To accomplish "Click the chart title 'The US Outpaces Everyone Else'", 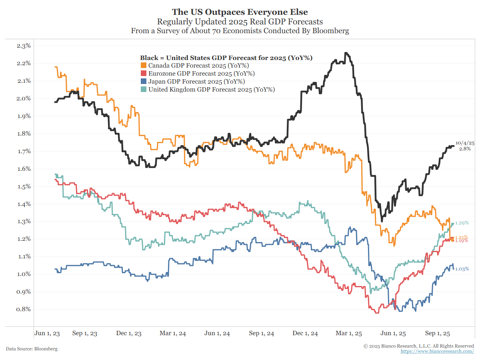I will click(x=240, y=12).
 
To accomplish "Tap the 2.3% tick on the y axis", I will click(x=24, y=46).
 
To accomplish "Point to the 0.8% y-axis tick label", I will click(x=24, y=309).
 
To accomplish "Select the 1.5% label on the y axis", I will click(x=24, y=186).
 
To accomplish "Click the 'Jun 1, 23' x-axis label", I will click(x=47, y=333).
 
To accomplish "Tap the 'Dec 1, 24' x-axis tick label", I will click(x=305, y=333).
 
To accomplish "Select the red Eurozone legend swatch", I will click(x=144, y=74).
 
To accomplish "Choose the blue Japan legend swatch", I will click(x=144, y=82).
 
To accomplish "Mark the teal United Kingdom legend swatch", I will click(x=144, y=90).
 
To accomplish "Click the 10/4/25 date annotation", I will click(x=465, y=143).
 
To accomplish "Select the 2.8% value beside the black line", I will click(x=464, y=149).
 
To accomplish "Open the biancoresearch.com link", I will click(x=437, y=351).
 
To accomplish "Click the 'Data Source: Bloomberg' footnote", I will click(x=32, y=349).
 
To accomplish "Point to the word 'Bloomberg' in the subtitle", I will click(x=329, y=31).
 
